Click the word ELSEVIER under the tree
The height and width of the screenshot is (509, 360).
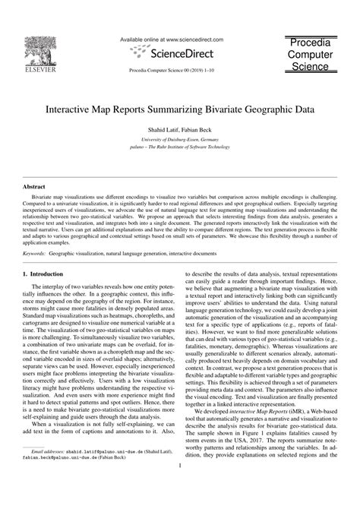tap(38, 74)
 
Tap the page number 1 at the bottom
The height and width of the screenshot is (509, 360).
tap(179, 489)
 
